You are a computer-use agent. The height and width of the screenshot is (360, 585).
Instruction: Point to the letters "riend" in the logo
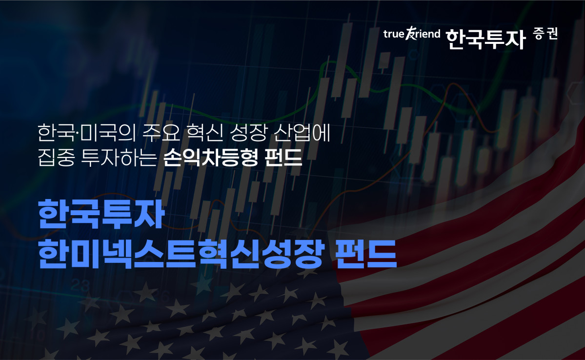click(x=426, y=34)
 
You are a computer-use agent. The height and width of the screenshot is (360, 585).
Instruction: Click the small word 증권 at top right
click(x=545, y=34)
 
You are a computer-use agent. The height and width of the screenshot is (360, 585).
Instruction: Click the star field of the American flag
click(x=195, y=317)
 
